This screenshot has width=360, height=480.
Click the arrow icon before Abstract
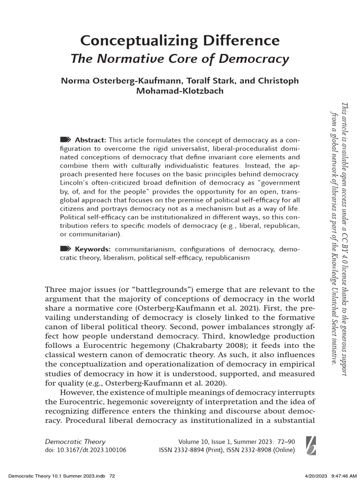click(x=66, y=140)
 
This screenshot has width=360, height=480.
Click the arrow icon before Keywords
click(x=66, y=248)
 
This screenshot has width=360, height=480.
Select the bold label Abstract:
click(x=91, y=140)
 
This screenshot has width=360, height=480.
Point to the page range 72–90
click(x=284, y=442)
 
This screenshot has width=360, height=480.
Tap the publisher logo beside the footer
click(x=310, y=445)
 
